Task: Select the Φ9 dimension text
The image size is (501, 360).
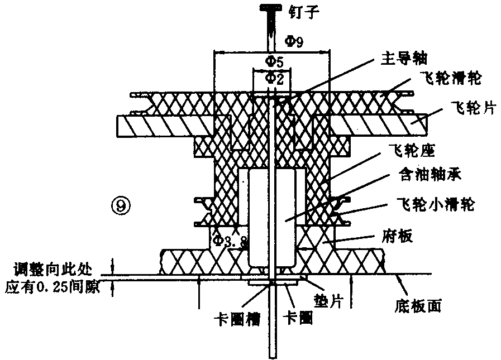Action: pos(294,41)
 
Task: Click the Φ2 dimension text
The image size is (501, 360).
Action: pos(274,79)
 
